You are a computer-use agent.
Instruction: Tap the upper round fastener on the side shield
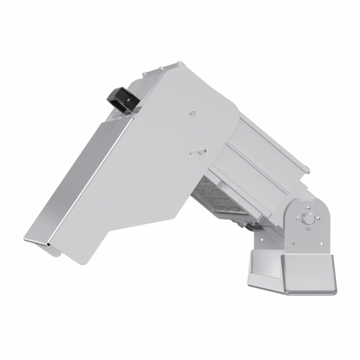[x=192, y=113]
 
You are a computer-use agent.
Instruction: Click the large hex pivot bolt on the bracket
[x=309, y=218]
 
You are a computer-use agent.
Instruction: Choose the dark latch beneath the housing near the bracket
[x=252, y=226]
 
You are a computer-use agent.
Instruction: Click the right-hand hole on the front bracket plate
[x=323, y=243]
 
